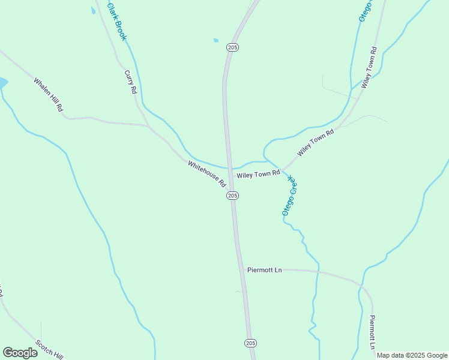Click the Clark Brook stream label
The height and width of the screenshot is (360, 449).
117,22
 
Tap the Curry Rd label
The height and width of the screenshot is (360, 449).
131,82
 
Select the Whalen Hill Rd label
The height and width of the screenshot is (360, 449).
49,95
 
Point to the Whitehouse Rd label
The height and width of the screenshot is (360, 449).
207,173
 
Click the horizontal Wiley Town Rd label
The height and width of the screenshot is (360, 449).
259,174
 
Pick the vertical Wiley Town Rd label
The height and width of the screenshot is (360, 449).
369,68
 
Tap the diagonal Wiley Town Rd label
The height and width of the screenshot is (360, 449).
315,142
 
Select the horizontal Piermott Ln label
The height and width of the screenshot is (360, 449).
264,270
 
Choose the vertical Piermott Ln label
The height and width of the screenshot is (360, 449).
372,332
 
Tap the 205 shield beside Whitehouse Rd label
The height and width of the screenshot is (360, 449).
233,196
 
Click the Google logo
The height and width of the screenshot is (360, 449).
20,353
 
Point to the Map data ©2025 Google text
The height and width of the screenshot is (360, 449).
412,355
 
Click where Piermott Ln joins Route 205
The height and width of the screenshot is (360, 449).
245,269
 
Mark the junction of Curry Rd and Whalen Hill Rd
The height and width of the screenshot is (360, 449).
149,126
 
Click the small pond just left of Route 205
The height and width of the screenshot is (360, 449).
215,41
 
